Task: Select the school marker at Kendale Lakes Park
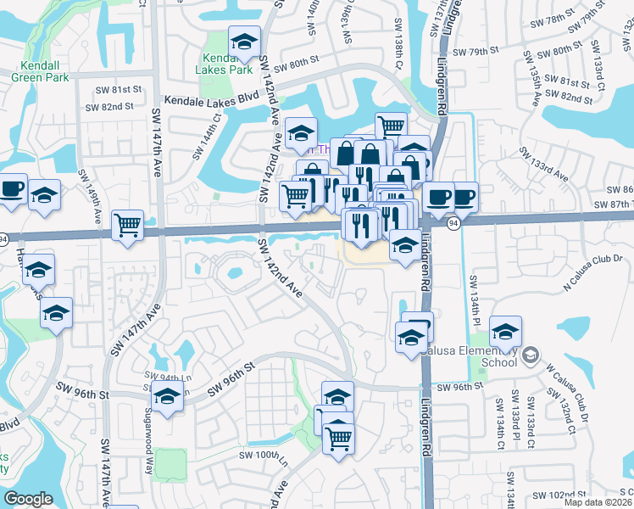[244, 42]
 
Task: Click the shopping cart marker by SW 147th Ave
[127, 226]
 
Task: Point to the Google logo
[28, 499]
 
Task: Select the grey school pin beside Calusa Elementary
[531, 354]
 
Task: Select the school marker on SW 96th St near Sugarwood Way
[167, 395]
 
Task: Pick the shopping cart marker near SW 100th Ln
[338, 439]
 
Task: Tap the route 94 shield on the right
[454, 222]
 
